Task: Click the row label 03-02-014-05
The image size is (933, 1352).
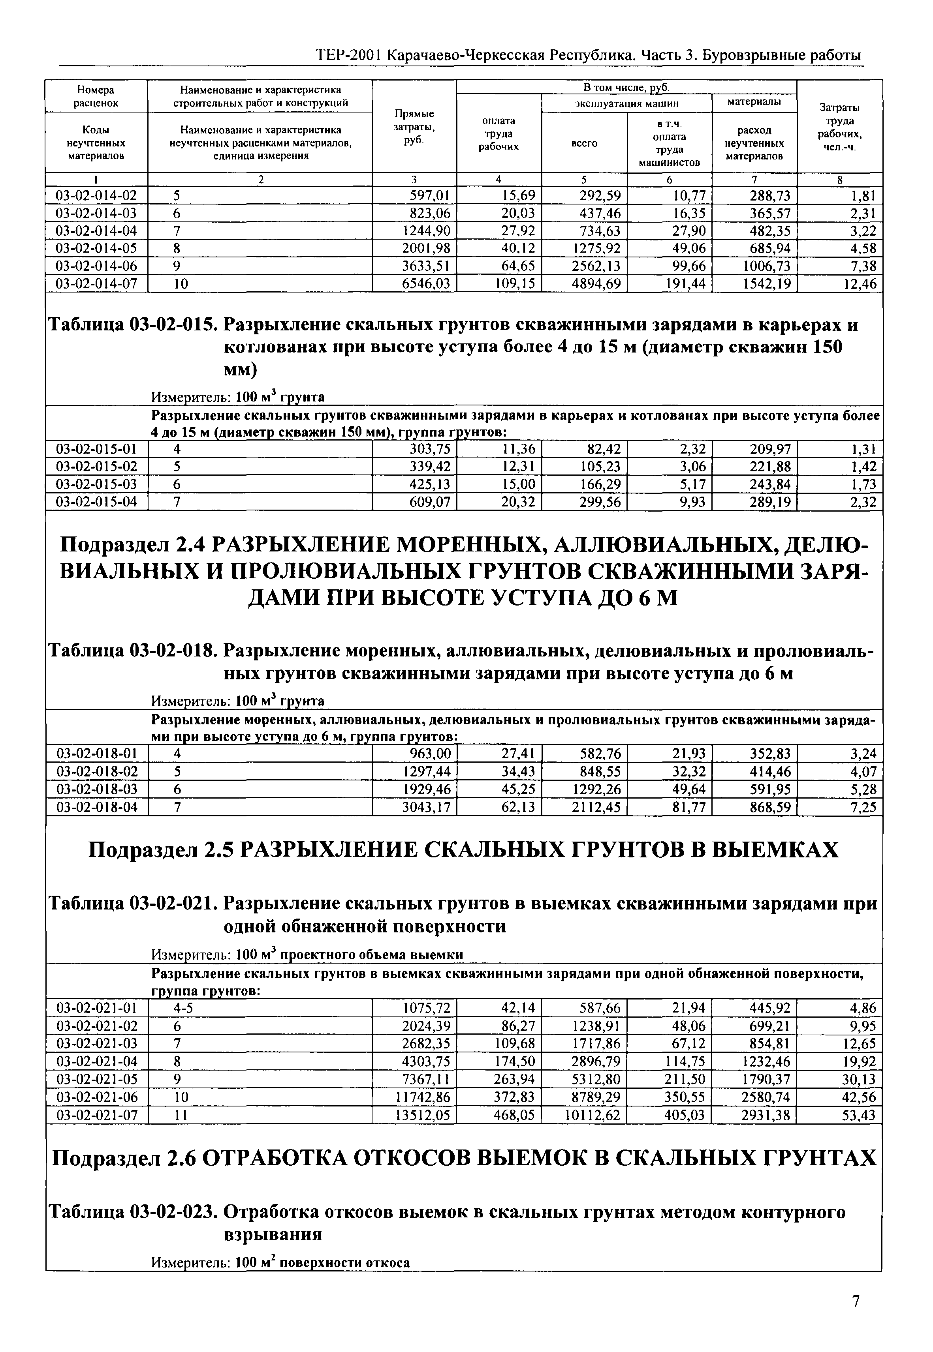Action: [96, 248]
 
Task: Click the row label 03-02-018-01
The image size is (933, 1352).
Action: [96, 754]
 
